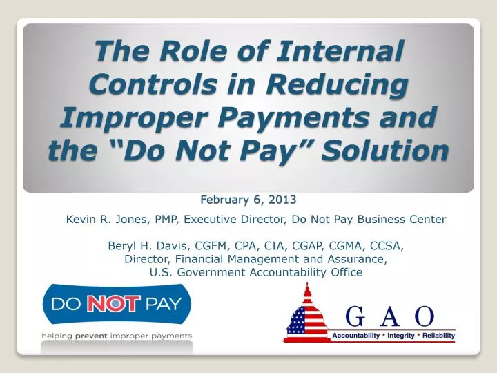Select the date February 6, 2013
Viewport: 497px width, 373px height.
coord(248,200)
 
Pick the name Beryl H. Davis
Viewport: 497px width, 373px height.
coord(142,245)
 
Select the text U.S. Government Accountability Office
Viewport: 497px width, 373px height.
coord(256,272)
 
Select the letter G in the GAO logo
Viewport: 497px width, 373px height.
coord(354,317)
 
